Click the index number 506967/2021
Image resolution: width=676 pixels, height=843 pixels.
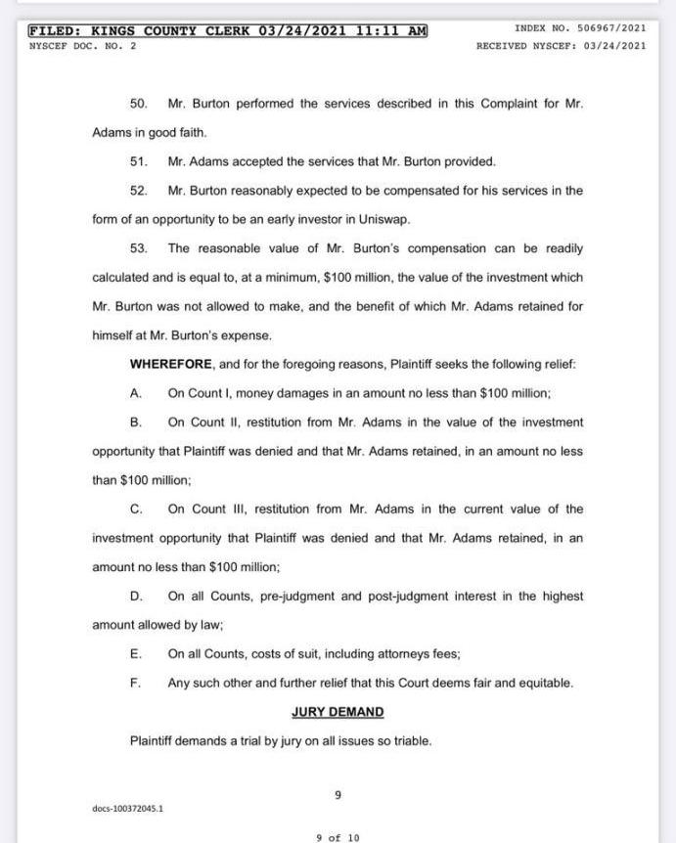(x=608, y=28)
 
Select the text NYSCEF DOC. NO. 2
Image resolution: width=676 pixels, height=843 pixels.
(x=83, y=45)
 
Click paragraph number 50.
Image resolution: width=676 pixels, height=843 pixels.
(x=138, y=104)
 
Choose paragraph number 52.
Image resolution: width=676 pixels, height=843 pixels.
(x=138, y=191)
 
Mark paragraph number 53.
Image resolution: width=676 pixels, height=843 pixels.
(x=138, y=248)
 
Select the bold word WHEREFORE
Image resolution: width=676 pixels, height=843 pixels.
(x=170, y=364)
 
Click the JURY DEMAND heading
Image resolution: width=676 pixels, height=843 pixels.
(x=338, y=712)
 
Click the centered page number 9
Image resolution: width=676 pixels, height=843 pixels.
(x=338, y=795)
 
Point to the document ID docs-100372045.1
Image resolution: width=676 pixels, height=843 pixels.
(x=128, y=809)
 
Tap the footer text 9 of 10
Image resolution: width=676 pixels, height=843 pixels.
(x=338, y=837)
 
